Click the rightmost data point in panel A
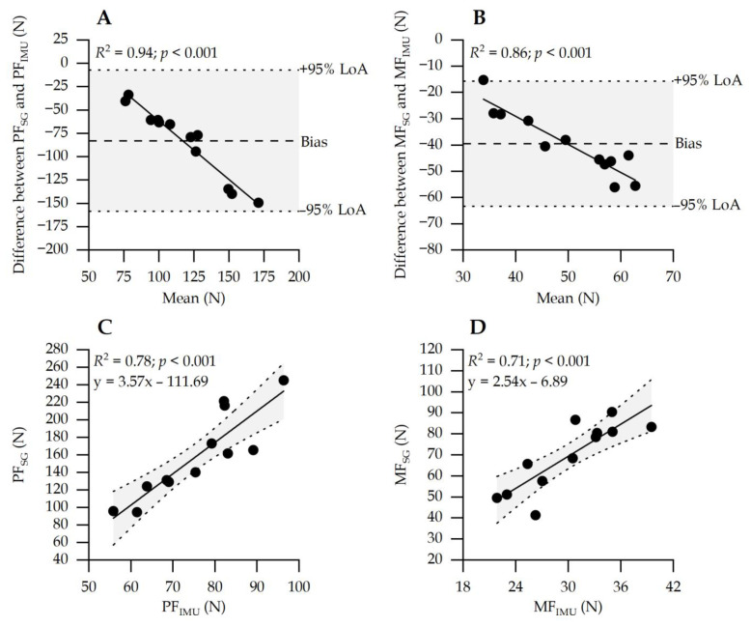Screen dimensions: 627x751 (x=259, y=203)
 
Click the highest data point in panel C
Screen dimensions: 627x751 (x=284, y=381)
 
